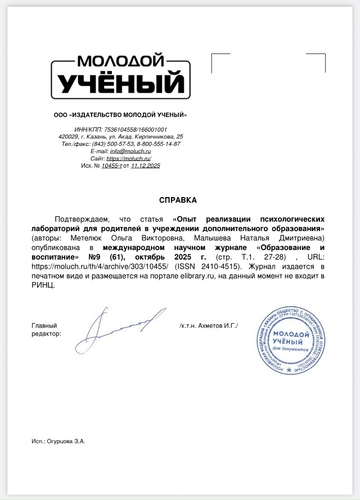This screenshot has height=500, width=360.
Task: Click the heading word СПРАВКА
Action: point(178,200)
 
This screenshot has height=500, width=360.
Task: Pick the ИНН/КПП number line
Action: point(120,130)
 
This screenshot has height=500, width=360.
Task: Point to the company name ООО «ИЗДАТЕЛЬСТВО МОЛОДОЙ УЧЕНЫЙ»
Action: point(120,115)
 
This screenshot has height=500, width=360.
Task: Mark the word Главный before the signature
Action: point(44,325)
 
